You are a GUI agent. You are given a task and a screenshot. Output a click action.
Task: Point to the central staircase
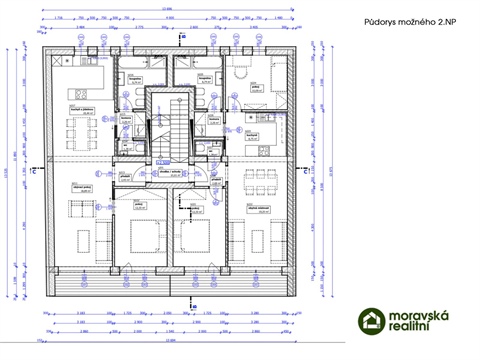(168, 125)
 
